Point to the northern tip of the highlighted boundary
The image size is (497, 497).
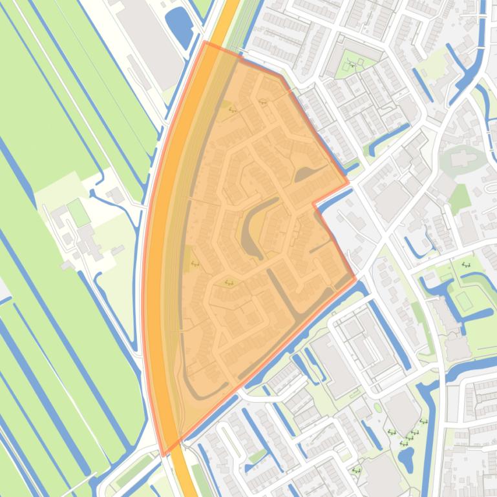(x=205, y=43)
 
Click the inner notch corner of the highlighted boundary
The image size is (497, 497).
(x=314, y=203)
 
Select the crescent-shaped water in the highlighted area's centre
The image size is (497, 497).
(x=254, y=226)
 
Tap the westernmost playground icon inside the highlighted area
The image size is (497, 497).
(x=195, y=263)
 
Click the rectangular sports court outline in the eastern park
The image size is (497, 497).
(x=463, y=301)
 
